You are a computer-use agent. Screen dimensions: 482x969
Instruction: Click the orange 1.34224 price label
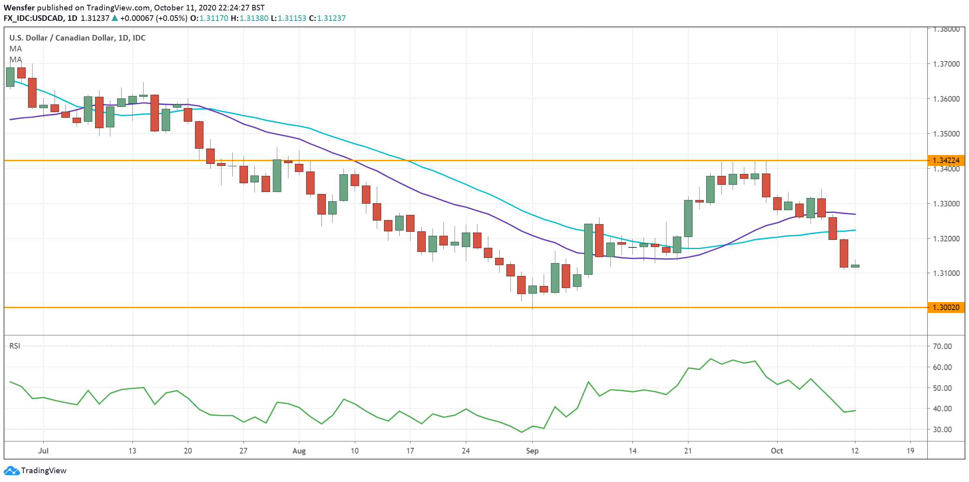point(946,161)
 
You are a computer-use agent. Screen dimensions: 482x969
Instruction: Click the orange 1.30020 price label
point(946,308)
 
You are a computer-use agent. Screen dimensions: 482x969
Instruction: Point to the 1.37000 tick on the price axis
point(946,64)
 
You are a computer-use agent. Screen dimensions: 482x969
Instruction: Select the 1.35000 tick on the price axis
point(946,134)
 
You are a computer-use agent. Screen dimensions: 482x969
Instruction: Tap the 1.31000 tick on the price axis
point(946,273)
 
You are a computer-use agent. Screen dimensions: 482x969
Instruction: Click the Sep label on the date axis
point(532,451)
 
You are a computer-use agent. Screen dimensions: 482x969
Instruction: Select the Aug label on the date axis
point(299,451)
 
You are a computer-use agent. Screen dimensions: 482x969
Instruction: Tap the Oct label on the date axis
point(777,451)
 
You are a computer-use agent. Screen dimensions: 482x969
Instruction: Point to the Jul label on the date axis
point(43,451)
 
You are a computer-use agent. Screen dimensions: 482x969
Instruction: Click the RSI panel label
point(15,346)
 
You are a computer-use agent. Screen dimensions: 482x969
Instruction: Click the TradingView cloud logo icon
point(11,470)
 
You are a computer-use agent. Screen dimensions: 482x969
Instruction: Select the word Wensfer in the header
point(19,8)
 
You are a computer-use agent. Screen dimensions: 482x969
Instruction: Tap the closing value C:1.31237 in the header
point(327,18)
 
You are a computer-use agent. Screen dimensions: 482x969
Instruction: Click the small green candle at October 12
point(855,266)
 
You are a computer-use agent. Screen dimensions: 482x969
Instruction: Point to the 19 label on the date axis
point(910,451)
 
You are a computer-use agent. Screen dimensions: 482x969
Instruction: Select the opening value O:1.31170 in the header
point(209,18)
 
